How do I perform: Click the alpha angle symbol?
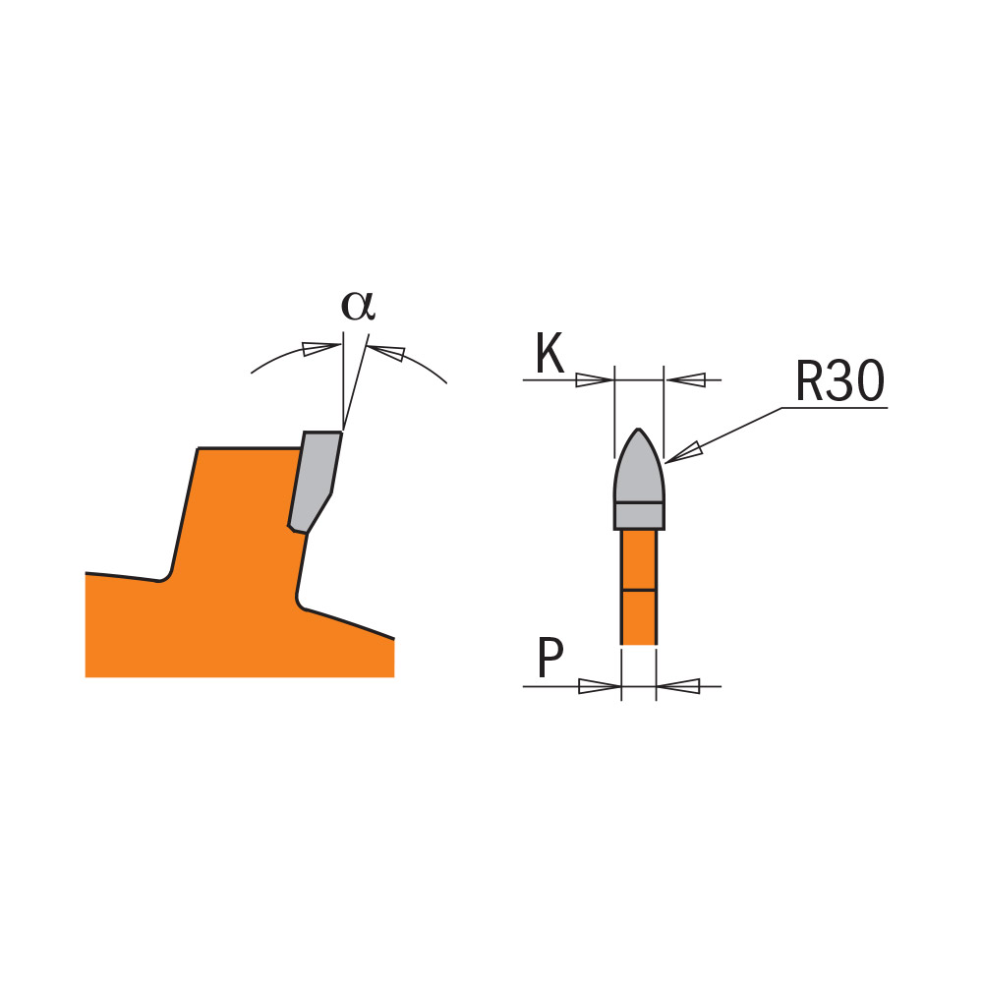[358, 306]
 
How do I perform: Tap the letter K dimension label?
[549, 353]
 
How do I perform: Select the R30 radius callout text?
[840, 380]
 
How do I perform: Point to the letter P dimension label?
[550, 658]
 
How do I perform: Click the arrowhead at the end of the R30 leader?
[683, 453]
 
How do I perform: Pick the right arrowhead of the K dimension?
[685, 379]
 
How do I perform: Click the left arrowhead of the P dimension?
[600, 686]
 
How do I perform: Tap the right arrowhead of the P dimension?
[678, 686]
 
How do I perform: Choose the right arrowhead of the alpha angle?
[386, 352]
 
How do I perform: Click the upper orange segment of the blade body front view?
[639, 560]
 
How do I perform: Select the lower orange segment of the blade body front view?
[639, 617]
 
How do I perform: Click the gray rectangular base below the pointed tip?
[639, 516]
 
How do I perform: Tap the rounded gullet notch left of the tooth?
[164, 574]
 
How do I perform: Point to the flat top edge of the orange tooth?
[250, 447]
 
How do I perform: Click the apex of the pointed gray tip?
[639, 429]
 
